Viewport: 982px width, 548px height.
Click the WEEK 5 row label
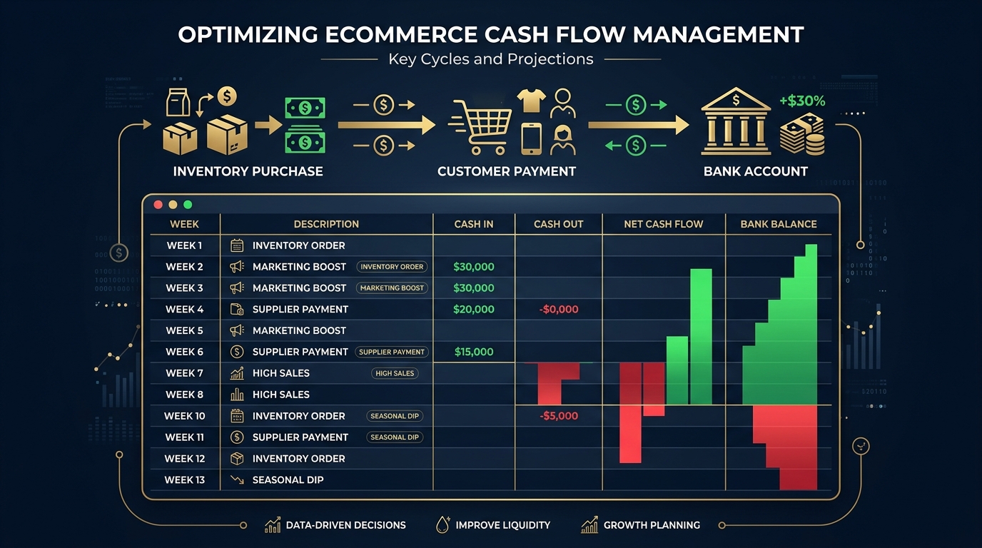(x=184, y=330)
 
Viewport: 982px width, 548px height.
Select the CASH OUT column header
(x=558, y=224)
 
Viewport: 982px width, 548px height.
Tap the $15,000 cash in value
(x=473, y=352)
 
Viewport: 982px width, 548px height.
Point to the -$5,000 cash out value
(x=559, y=416)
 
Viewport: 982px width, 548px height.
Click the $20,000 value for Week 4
(x=473, y=309)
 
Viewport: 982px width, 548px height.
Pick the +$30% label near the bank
(x=802, y=101)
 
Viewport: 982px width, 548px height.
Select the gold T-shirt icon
(x=532, y=101)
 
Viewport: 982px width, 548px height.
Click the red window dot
(x=158, y=205)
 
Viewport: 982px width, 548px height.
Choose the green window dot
(x=188, y=205)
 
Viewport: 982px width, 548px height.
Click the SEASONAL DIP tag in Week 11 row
(x=395, y=437)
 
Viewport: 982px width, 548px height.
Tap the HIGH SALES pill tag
(x=395, y=373)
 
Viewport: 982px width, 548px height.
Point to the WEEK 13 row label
(x=184, y=479)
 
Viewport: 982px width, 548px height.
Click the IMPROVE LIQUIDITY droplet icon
(x=442, y=525)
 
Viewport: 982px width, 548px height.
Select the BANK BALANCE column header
(x=778, y=224)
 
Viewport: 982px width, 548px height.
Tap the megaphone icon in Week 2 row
(x=237, y=267)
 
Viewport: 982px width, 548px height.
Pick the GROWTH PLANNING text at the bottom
(x=652, y=525)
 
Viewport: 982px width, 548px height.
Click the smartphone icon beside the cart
(x=531, y=138)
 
